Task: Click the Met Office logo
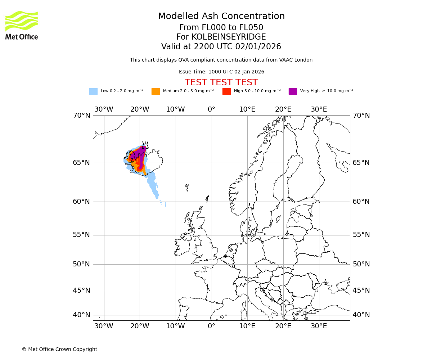coord(22,25)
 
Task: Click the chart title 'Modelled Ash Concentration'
coord(221,17)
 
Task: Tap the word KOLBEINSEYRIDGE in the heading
coord(229,37)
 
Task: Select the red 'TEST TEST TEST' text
coord(221,82)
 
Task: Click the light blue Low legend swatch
coord(93,91)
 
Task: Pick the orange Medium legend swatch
coord(156,91)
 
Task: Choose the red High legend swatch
coord(226,91)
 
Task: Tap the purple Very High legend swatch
coord(293,91)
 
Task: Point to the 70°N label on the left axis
coord(81,116)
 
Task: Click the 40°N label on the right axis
coord(361,315)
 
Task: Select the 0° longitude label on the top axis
coord(211,109)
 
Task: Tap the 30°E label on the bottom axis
coord(319,326)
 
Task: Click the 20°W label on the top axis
coord(140,109)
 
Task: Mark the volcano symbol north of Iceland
coord(145,145)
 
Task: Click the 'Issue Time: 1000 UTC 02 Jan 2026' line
coord(221,72)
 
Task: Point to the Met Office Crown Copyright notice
coord(59,349)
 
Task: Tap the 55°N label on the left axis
coord(81,235)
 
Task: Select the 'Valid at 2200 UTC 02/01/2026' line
coord(221,47)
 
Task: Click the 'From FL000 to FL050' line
coord(221,28)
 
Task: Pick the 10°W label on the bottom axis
coord(175,326)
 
